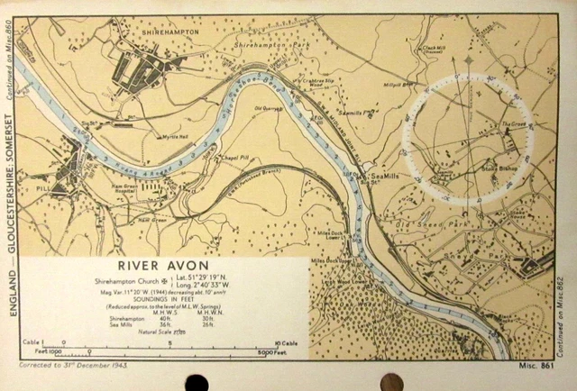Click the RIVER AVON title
164,267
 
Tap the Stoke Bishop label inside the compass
504,167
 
